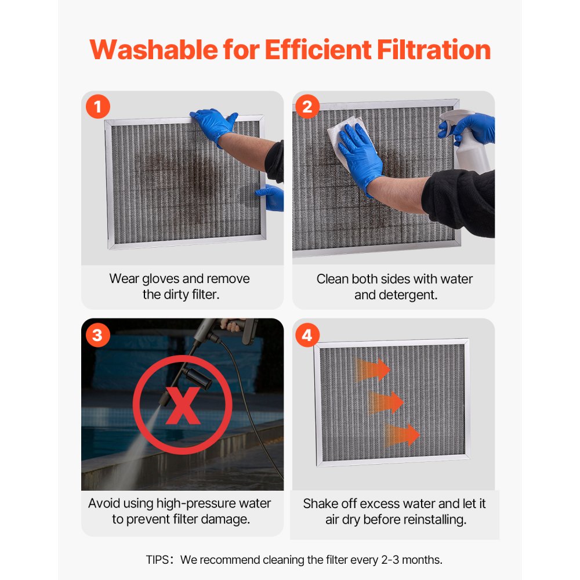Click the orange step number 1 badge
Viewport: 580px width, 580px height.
98,107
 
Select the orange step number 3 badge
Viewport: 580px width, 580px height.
97,335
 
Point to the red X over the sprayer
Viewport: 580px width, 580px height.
183,407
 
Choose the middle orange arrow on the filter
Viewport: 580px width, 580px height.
386,401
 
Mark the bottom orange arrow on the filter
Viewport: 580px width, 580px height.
403,434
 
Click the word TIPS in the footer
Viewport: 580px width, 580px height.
159,560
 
